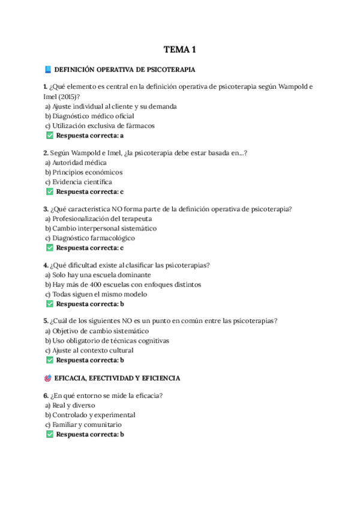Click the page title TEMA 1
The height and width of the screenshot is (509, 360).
click(x=180, y=49)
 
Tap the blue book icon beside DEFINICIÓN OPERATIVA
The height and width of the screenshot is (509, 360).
click(x=48, y=70)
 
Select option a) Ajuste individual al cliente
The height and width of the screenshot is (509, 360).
click(x=111, y=106)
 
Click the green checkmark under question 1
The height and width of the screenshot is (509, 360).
click(x=50, y=136)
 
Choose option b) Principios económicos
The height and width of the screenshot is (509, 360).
click(x=88, y=172)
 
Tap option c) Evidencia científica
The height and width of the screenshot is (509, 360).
click(x=82, y=182)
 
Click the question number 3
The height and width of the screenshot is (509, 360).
click(x=46, y=209)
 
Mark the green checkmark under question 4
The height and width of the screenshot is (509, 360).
click(x=50, y=304)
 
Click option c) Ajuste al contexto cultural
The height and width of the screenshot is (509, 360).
click(x=89, y=350)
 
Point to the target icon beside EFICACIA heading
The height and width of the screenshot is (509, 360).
click(x=48, y=379)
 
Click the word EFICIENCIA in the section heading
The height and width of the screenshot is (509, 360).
click(x=158, y=379)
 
